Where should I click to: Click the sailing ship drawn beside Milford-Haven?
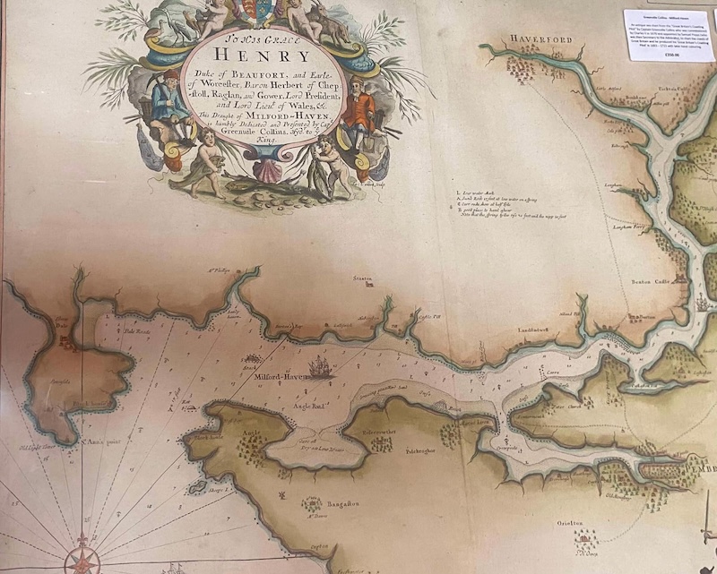318,366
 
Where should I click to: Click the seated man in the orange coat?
359,115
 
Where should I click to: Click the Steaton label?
362,279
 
